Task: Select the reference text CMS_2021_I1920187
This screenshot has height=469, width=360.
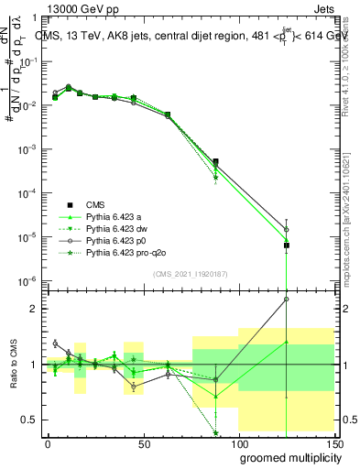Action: click(x=191, y=273)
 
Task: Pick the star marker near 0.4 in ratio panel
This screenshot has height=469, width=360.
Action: click(x=216, y=433)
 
